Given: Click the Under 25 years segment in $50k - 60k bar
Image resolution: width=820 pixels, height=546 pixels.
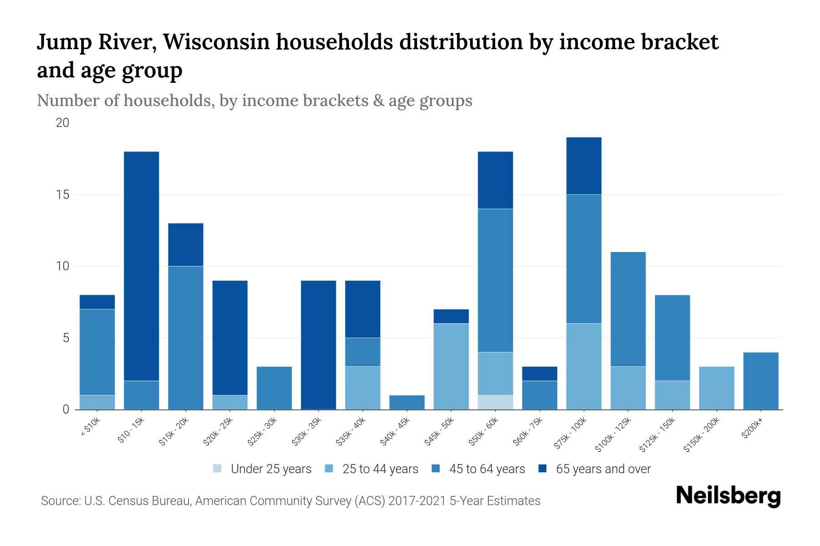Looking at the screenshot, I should tap(496, 402).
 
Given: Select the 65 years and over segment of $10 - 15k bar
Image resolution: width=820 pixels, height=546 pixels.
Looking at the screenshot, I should tap(142, 266).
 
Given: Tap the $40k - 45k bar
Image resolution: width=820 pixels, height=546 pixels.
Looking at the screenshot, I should tap(407, 402).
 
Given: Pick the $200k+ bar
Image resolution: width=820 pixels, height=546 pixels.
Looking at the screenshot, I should tap(761, 381).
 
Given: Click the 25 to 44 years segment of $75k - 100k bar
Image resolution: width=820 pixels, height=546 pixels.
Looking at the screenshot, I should tap(584, 366).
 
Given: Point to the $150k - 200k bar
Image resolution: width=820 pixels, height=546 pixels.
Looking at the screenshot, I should tap(717, 388).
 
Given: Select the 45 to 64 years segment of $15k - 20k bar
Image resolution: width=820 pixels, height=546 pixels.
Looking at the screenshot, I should tap(186, 338).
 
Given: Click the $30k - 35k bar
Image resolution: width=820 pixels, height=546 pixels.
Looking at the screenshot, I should tap(318, 345).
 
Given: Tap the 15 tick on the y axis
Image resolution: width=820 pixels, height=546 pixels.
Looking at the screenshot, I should tap(62, 195).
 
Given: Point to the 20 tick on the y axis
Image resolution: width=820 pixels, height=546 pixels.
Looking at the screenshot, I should tap(62, 123).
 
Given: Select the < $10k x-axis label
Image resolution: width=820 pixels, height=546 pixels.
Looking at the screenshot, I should tap(90, 428).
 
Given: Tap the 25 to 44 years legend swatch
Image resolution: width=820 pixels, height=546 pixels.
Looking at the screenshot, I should tap(329, 469).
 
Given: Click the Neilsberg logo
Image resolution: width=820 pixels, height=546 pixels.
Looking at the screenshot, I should tap(728, 496).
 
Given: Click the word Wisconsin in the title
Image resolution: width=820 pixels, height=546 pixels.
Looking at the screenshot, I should tap(227, 42).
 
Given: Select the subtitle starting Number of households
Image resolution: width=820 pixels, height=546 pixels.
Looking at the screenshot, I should tap(254, 101).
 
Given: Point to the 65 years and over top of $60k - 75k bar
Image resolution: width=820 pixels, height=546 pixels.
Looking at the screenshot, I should tap(540, 374).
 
